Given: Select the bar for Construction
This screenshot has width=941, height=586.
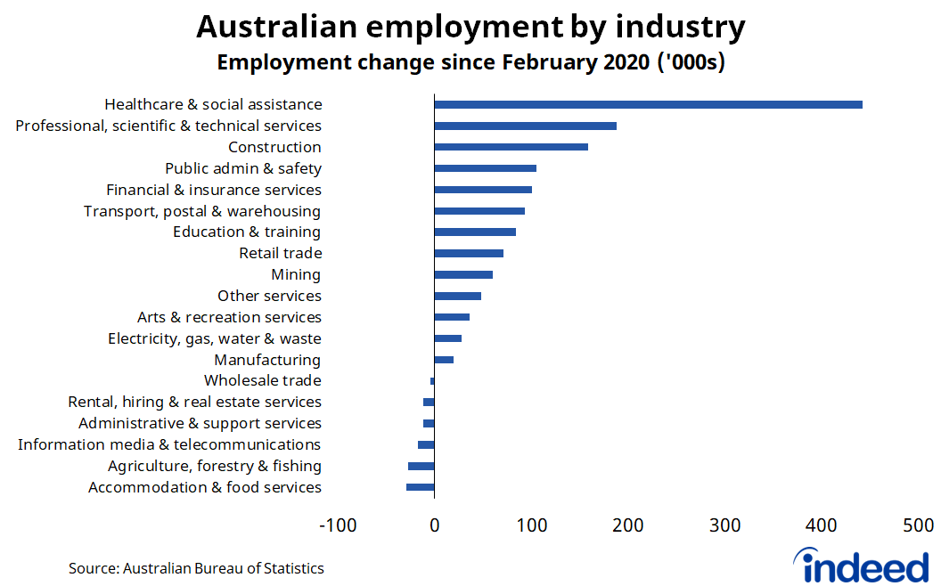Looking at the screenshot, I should pos(511,147).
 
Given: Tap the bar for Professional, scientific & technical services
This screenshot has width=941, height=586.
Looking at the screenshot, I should pos(525,126).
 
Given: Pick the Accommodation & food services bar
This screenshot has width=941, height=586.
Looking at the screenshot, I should pos(421,487).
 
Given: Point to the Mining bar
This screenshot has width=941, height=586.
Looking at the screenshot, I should pos(463,274).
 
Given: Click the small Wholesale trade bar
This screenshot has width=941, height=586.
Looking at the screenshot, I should pos(432,381).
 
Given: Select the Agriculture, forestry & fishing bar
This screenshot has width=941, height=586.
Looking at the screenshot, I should pos(421,466).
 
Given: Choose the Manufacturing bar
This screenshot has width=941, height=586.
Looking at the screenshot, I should pos(444,360).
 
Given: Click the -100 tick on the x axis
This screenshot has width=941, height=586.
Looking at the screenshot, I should pos(338,525).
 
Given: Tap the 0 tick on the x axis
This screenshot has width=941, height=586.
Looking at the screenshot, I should pos(434,525).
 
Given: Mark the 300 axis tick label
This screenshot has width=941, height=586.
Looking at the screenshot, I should pos(725,525).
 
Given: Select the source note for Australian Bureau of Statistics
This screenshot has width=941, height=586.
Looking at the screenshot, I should pos(196,568).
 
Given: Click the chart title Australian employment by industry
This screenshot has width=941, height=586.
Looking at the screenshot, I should pos(470,27).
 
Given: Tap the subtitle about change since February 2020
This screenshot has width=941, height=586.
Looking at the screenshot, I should pos(470,63).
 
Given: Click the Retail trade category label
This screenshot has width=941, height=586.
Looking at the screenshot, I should pos(280,253).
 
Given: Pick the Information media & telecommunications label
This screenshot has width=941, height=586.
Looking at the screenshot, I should pos(169,444).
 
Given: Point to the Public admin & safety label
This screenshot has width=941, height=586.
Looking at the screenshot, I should pos(243,168).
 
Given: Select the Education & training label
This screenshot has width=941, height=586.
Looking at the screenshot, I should pos(247,232).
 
